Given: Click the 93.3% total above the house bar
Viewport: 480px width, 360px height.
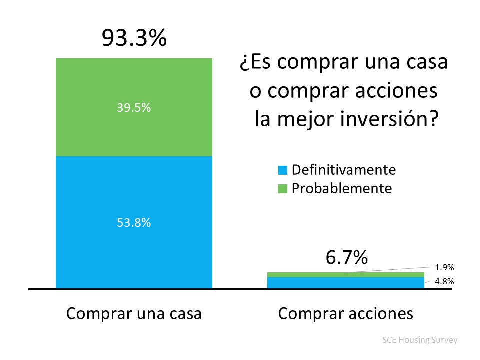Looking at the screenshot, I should pyautogui.click(x=134, y=38).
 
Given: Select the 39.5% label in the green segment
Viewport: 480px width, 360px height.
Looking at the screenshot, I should pyautogui.click(x=134, y=108).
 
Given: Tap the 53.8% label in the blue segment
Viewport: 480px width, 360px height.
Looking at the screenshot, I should pyautogui.click(x=134, y=223).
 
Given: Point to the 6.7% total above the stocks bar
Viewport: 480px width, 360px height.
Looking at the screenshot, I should pyautogui.click(x=346, y=258).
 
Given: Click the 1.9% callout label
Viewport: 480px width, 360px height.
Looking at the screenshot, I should pyautogui.click(x=444, y=268).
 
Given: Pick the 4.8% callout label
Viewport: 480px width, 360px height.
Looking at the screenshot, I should pyautogui.click(x=444, y=281).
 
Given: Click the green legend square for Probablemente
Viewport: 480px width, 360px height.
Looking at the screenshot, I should pyautogui.click(x=283, y=189).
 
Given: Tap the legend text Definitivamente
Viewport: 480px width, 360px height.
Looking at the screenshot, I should pyautogui.click(x=344, y=170).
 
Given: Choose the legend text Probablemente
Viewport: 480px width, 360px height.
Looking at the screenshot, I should pyautogui.click(x=342, y=188).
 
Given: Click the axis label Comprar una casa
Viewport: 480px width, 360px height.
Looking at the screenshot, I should pyautogui.click(x=134, y=314).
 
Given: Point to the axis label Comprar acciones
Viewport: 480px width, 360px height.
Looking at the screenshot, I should pyautogui.click(x=346, y=314).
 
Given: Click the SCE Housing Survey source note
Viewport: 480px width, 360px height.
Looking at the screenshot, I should pyautogui.click(x=419, y=340).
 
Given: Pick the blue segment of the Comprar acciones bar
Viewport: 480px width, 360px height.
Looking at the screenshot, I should pyautogui.click(x=346, y=283).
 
